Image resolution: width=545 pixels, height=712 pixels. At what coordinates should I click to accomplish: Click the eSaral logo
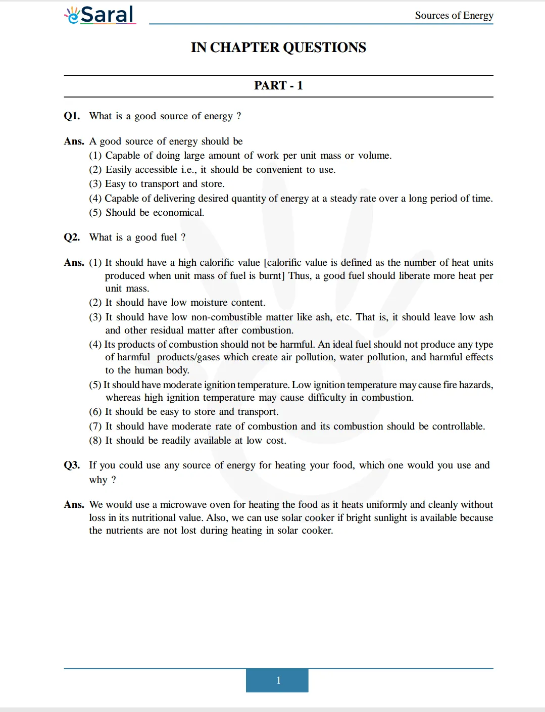coord(100,15)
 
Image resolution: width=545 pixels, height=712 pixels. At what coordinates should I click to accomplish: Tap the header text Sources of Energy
coord(454,15)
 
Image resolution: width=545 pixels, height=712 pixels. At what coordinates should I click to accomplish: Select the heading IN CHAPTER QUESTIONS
coord(278,48)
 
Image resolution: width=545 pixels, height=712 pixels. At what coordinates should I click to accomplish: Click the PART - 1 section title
coord(278,85)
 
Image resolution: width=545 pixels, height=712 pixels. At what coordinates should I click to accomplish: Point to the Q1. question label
coord(72,116)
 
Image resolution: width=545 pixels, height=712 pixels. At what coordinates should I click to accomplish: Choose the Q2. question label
coord(72,238)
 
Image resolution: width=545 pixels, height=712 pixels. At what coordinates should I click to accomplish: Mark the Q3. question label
coord(72,465)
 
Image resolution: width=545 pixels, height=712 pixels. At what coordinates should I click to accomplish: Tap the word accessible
coord(154,170)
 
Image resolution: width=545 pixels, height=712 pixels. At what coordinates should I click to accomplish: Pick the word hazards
coord(475,385)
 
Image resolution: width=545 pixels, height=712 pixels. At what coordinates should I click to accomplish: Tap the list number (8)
coord(95,441)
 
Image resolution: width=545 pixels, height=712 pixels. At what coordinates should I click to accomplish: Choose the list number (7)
coord(95,426)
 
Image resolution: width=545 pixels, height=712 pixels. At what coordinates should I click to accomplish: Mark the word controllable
coord(458,426)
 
